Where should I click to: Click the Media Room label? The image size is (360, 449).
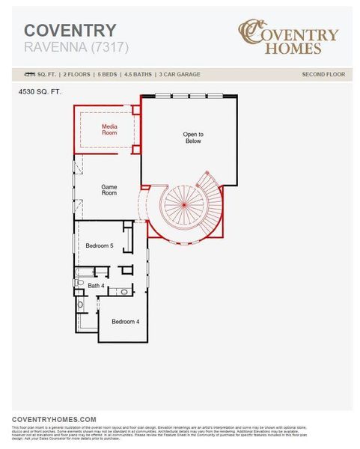(110, 129)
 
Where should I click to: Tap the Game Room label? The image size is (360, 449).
(109, 189)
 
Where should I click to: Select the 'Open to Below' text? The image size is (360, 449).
(193, 137)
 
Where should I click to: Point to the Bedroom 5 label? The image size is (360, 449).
(99, 245)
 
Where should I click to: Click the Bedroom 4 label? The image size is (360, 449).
(125, 321)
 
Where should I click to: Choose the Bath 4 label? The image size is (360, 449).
(96, 285)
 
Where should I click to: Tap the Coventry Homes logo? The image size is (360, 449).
(287, 37)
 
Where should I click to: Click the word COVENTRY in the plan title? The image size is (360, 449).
(70, 31)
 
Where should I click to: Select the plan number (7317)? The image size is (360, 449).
(110, 47)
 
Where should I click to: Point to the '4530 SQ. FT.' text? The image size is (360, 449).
(40, 91)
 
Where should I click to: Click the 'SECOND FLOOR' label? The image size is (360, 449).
(323, 74)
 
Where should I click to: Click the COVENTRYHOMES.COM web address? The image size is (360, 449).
(55, 419)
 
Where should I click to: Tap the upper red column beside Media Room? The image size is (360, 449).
(136, 109)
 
